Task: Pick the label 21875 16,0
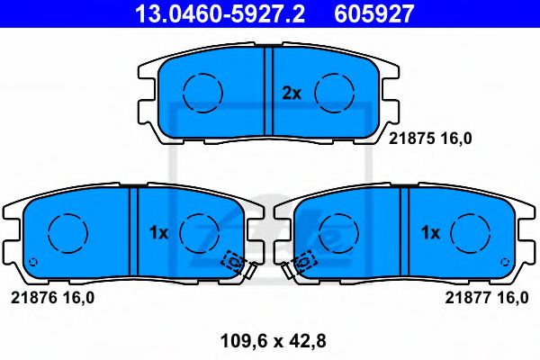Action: (x=429, y=138)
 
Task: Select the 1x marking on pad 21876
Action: (x=158, y=232)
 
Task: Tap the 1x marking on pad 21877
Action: (x=430, y=232)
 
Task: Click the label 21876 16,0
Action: (x=52, y=296)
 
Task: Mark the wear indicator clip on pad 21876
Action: (x=235, y=262)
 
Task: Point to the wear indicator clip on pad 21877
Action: (x=302, y=262)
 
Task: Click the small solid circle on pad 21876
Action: (x=33, y=263)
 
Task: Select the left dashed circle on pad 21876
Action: (x=66, y=233)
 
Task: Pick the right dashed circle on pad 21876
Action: (x=200, y=233)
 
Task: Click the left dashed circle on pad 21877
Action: (x=337, y=233)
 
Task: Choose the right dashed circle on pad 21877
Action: (x=470, y=233)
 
